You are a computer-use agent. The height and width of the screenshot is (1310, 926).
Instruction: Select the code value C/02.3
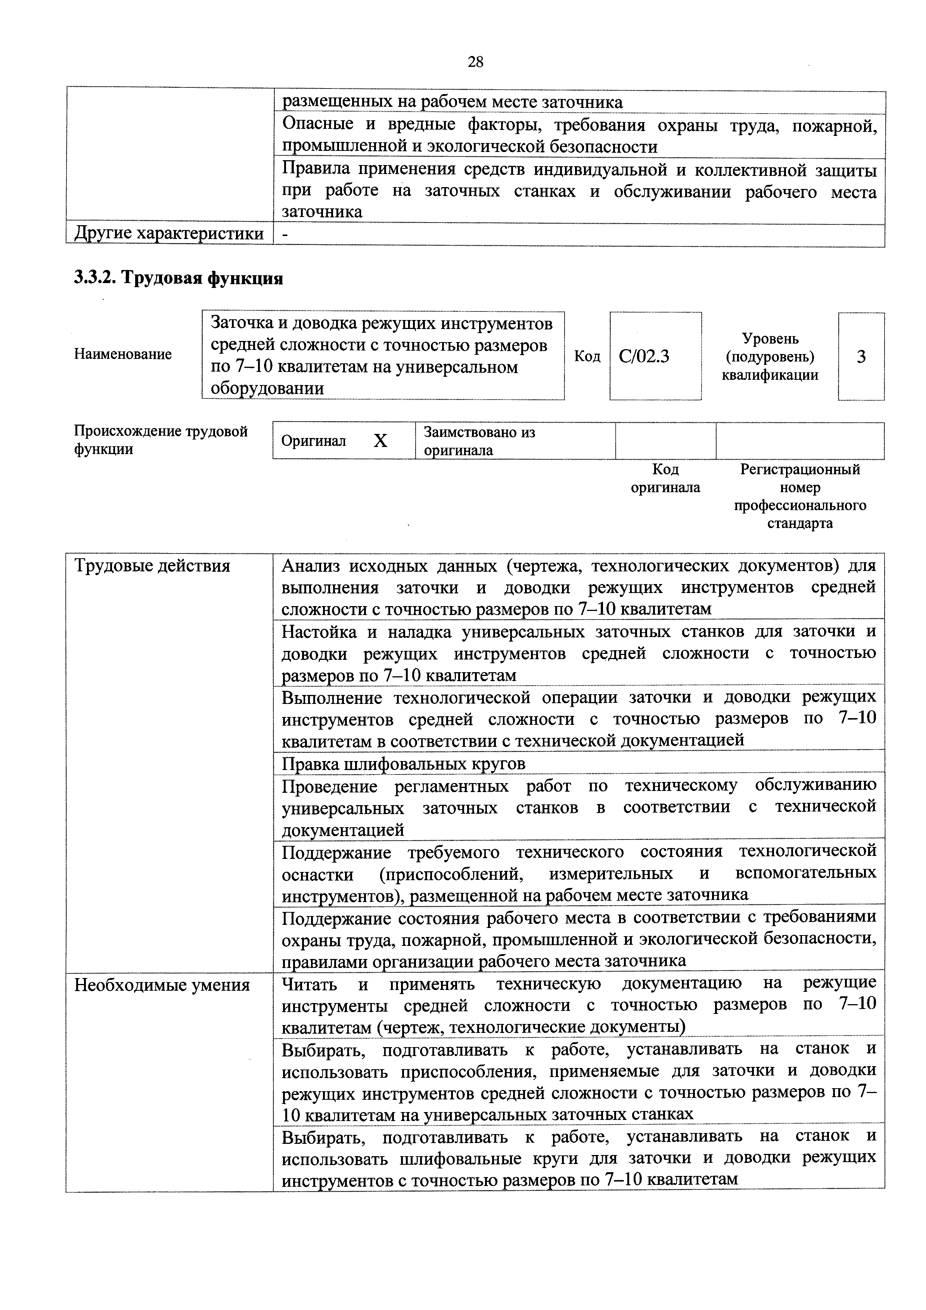click(x=644, y=357)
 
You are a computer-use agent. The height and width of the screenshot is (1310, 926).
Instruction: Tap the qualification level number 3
click(x=861, y=357)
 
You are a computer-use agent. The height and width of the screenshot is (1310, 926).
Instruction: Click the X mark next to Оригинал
click(x=380, y=441)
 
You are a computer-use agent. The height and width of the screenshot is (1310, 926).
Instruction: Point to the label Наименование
click(x=123, y=354)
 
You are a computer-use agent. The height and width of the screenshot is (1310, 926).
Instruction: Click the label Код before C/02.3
click(x=587, y=357)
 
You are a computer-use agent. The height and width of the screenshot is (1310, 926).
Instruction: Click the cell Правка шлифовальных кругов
click(x=403, y=763)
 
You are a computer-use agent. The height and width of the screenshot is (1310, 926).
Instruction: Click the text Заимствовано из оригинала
click(x=479, y=441)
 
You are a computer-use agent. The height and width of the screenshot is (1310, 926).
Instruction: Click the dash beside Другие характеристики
click(x=285, y=234)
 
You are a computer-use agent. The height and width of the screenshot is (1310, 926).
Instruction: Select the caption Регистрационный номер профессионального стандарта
click(x=800, y=496)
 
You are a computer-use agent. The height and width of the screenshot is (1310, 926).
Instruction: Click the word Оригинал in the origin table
click(x=314, y=441)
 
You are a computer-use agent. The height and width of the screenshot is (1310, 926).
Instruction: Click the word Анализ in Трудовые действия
click(x=311, y=566)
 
